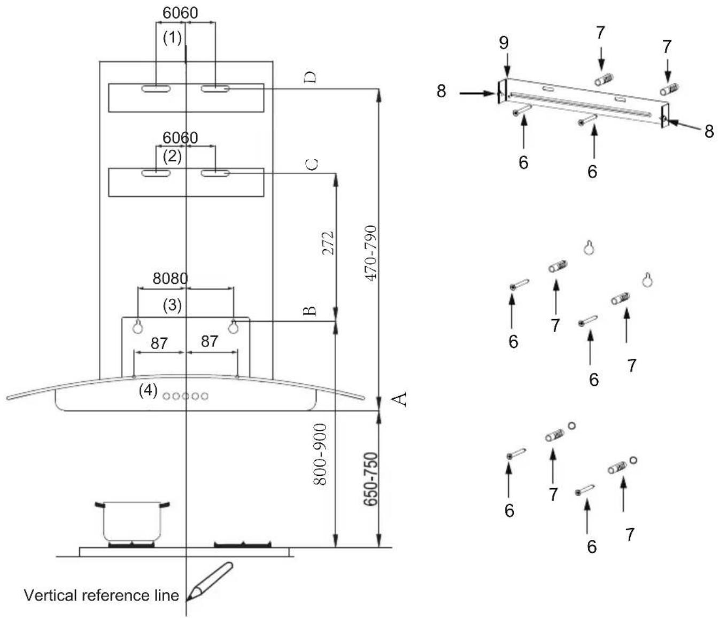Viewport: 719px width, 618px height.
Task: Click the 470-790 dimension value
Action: point(371,253)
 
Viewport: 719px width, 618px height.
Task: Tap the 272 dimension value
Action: point(328,243)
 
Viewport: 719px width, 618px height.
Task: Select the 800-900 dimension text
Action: point(320,454)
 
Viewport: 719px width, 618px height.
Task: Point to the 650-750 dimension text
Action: point(370,479)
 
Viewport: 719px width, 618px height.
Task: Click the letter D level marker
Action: point(310,78)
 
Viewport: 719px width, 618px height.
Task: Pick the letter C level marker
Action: point(312,164)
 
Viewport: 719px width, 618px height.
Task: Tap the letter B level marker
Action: point(310,311)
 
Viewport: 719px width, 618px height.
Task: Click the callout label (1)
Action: point(173,37)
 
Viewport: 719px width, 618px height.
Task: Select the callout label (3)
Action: point(173,305)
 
